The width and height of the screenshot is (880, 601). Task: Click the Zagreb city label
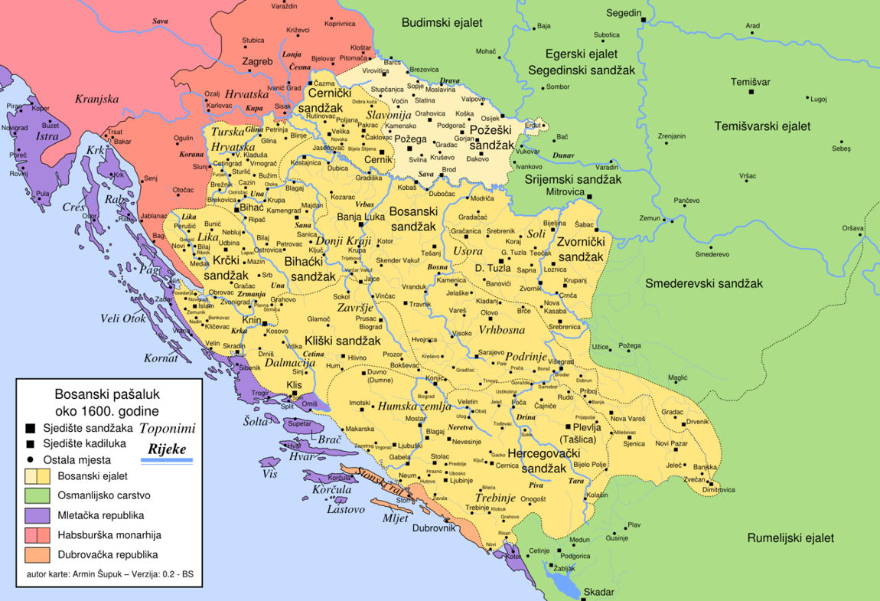pos(258,61)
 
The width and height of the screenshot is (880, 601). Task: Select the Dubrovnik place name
pos(433,528)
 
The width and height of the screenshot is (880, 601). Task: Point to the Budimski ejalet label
pos(442,23)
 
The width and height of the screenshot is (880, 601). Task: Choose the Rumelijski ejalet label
pos(790,537)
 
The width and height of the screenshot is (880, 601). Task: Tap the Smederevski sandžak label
pos(703,283)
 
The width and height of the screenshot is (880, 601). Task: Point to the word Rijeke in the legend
pos(168,449)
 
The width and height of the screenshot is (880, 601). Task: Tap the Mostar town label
pos(415,419)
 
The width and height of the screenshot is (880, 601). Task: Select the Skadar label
pos(598,592)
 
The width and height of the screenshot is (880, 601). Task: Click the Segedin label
pos(624,13)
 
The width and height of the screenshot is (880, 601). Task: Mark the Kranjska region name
pos(97,99)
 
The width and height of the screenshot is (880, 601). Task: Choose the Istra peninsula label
pos(47,136)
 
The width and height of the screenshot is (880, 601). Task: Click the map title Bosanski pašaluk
pos(106,395)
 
